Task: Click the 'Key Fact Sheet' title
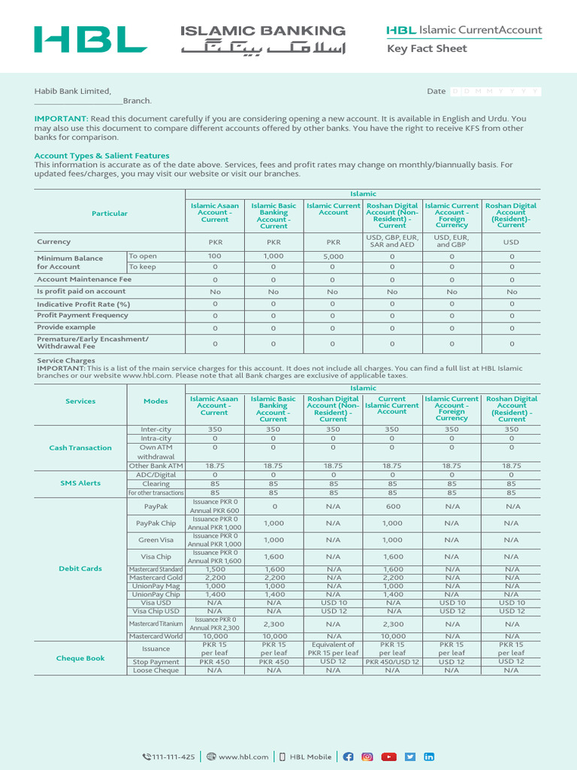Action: [x=426, y=49]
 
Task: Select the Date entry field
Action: [x=495, y=91]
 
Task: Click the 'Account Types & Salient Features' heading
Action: [x=101, y=156]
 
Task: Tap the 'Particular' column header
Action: [x=110, y=214]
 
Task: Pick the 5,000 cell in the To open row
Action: [x=333, y=256]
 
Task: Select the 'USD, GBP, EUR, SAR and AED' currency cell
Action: [x=392, y=241]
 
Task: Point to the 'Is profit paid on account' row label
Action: [x=81, y=292]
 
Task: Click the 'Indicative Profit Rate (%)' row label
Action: [x=83, y=304]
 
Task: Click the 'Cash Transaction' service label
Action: [x=80, y=447]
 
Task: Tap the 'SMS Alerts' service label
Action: [x=80, y=484]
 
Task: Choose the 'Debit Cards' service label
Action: [x=80, y=568]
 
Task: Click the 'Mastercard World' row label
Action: [x=156, y=636]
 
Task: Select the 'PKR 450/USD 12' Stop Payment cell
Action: [x=392, y=662]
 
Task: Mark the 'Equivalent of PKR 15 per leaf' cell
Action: [x=333, y=649]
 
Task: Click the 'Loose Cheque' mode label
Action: [x=156, y=670]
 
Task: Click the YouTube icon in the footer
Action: [x=388, y=735]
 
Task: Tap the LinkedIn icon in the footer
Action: [x=429, y=735]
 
